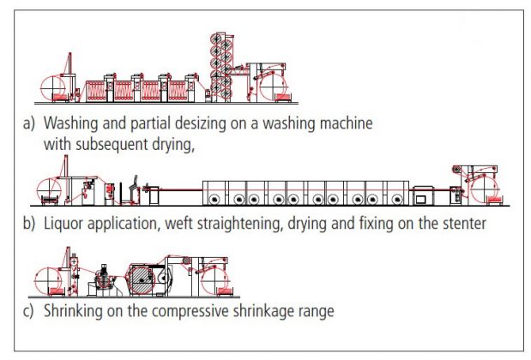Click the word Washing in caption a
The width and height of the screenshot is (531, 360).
point(75,123)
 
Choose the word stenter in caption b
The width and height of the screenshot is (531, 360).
point(461,225)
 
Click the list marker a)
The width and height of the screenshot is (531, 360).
point(29,123)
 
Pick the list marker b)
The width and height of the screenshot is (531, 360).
point(29,225)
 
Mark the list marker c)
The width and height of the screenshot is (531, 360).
point(29,309)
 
